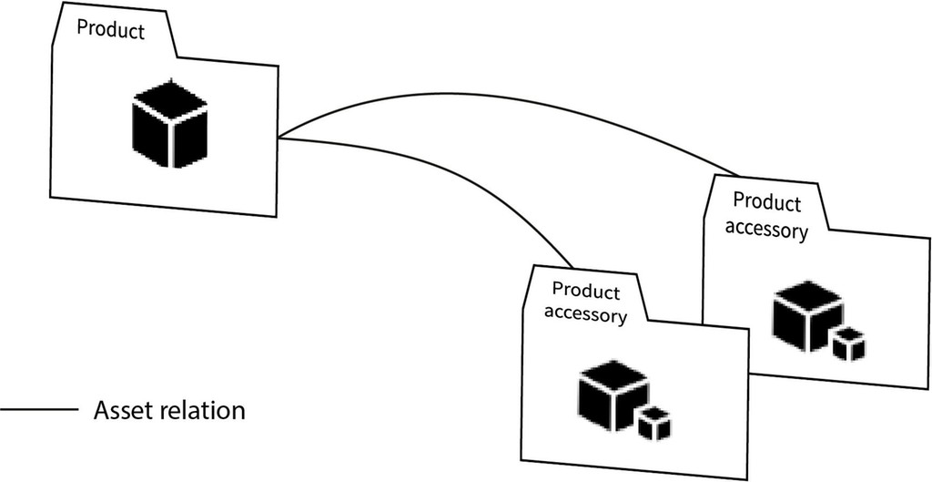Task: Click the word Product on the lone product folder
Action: coord(110,29)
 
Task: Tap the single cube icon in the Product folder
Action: coord(169,128)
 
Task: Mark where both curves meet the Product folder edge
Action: coord(278,138)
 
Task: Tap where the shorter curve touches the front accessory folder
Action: coord(572,267)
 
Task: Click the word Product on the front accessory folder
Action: coord(585,292)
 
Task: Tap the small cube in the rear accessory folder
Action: coord(848,344)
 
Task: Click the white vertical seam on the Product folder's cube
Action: coord(170,146)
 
